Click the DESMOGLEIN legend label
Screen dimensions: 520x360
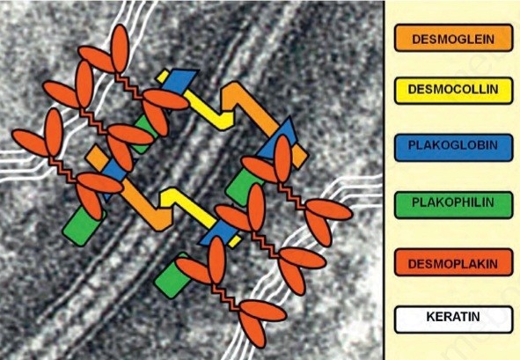pyautogui.click(x=453, y=38)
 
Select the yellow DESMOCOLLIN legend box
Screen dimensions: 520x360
pyautogui.click(x=453, y=91)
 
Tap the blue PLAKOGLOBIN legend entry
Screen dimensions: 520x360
pyautogui.click(x=453, y=147)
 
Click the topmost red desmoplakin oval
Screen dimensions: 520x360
pyautogui.click(x=120, y=48)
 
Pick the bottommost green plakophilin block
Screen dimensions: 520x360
pyautogui.click(x=172, y=276)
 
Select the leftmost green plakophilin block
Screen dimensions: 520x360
pyautogui.click(x=83, y=225)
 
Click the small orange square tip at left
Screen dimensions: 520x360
pyautogui.click(x=97, y=156)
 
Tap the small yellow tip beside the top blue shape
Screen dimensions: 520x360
pyautogui.click(x=163, y=77)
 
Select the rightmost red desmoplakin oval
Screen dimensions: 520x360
pyautogui.click(x=328, y=209)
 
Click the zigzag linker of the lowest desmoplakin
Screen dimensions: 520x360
pyautogui.click(x=226, y=296)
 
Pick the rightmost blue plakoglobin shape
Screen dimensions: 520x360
pyautogui.click(x=278, y=139)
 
